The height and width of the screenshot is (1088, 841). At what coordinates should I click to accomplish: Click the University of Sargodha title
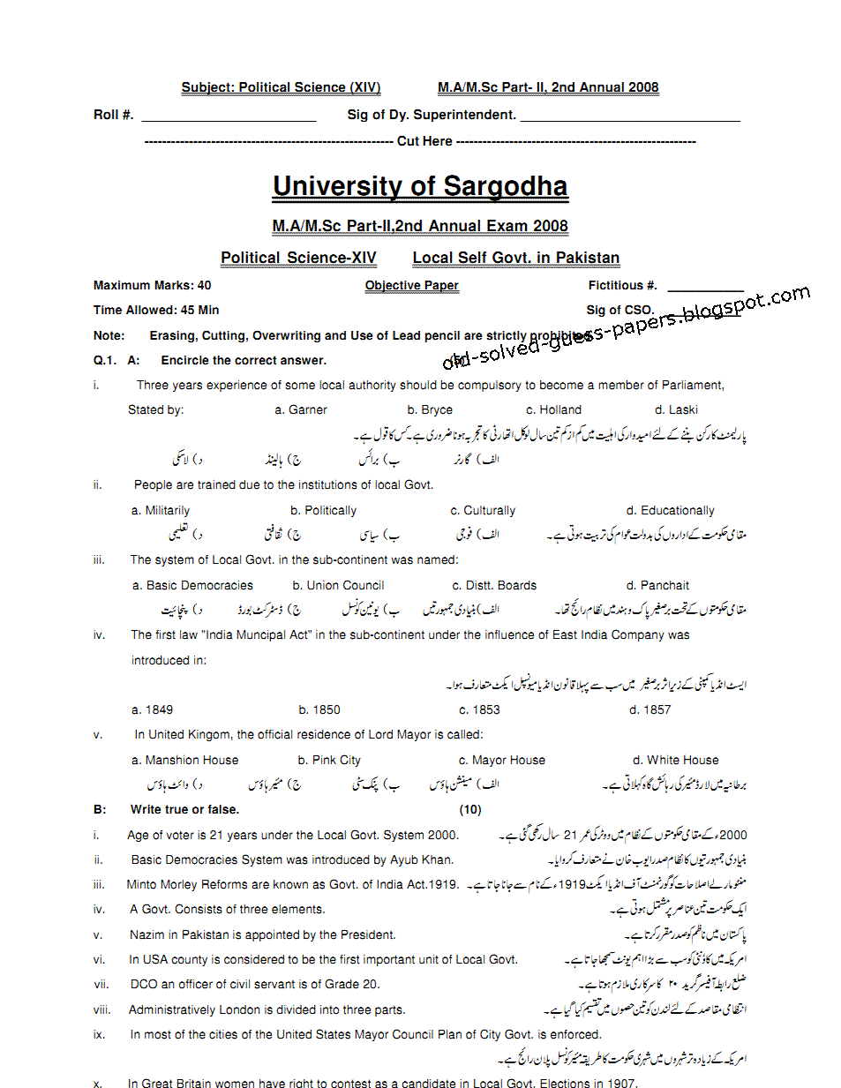[x=420, y=186]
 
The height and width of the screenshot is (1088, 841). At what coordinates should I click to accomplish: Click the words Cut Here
[x=424, y=141]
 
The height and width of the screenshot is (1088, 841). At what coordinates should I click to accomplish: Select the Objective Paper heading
[x=411, y=285]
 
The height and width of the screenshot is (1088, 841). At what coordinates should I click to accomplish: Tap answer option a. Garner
[x=301, y=409]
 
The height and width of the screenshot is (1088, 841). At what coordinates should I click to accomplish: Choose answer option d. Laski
[x=676, y=409]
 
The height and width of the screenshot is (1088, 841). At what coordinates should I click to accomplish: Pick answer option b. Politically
[x=323, y=510]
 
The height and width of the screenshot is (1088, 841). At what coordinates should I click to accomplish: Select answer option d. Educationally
[x=670, y=510]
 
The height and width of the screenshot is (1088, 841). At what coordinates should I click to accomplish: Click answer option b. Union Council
[x=338, y=585]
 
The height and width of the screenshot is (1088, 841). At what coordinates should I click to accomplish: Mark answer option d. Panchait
[x=657, y=585]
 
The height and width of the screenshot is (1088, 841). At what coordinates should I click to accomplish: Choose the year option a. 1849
[x=152, y=709]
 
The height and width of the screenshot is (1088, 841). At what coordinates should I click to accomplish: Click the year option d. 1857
[x=650, y=709]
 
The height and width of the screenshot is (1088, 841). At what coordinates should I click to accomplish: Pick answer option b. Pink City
[x=329, y=760]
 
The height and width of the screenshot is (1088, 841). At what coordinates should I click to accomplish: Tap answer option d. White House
[x=675, y=760]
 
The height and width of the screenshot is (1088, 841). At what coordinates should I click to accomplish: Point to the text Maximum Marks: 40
[x=152, y=285]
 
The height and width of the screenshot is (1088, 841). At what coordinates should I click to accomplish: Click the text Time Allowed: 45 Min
[x=156, y=310]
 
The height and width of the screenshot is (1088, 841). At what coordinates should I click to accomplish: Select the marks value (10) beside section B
[x=470, y=809]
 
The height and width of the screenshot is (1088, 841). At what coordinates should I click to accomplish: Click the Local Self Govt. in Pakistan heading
[x=516, y=258]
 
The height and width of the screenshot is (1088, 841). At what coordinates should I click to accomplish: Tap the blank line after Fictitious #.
[x=705, y=289]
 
